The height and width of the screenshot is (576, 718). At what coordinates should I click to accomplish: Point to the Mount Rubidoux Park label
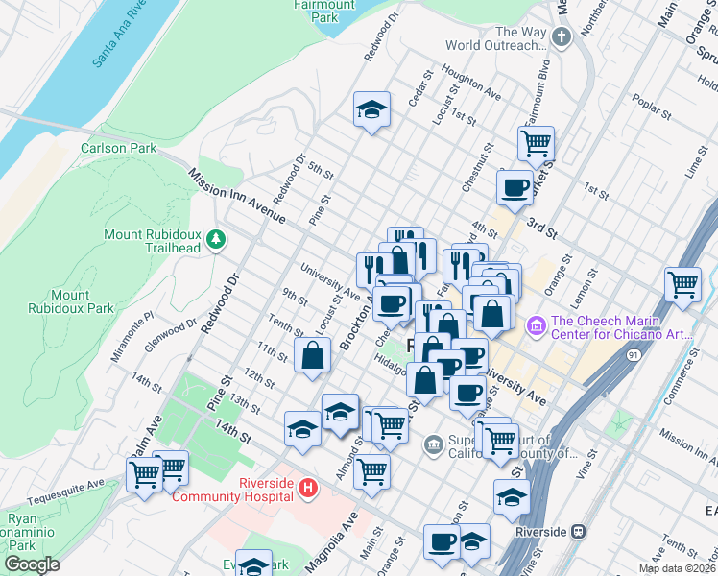84,301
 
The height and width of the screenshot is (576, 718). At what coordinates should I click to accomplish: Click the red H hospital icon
308,489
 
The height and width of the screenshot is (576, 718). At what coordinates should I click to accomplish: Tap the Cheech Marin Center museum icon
536,328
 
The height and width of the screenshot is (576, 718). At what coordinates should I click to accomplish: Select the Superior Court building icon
433,444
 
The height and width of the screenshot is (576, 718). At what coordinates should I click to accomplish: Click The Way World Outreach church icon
562,37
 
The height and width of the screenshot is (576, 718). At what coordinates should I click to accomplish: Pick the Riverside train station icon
578,531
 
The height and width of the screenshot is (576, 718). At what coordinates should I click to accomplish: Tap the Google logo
32,564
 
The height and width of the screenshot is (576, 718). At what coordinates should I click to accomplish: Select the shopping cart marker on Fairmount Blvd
536,143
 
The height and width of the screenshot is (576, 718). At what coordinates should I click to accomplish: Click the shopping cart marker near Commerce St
682,283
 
